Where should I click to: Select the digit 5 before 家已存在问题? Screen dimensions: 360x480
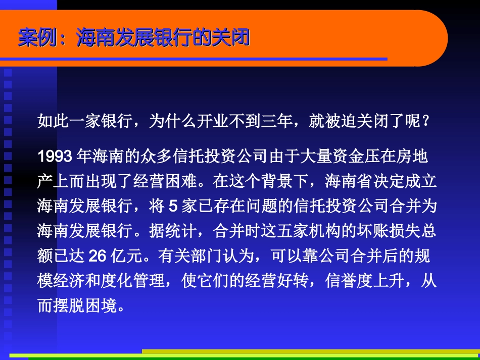point(172,207)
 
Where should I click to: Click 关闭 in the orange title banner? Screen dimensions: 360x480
point(232,37)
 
